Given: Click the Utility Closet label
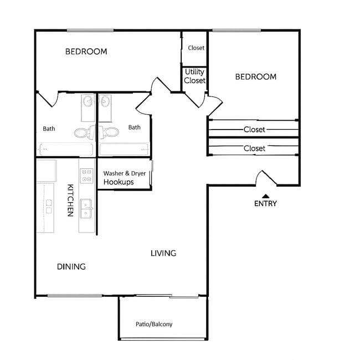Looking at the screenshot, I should [194, 76].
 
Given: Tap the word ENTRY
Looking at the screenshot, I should [265, 203].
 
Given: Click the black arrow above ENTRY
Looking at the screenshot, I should [265, 196].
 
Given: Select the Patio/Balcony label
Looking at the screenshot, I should [154, 324].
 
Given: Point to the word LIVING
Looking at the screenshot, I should [163, 253].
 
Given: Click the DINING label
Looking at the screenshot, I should [71, 266].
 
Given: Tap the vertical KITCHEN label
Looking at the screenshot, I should [70, 200].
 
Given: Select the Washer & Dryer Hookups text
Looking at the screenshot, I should [124, 178].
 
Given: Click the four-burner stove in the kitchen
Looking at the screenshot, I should [86, 176].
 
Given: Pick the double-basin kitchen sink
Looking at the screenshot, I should [86, 209].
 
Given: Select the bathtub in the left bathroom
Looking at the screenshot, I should [65, 149].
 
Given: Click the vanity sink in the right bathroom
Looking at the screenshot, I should [105, 102].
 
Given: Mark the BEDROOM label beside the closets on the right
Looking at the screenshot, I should [255, 76].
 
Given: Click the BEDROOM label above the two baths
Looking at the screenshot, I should [86, 52].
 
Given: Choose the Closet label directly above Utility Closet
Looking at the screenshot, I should [196, 48].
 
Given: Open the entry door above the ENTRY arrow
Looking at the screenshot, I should [265, 179].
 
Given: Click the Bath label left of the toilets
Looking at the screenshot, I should [49, 128].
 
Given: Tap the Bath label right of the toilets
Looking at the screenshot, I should [134, 127].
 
